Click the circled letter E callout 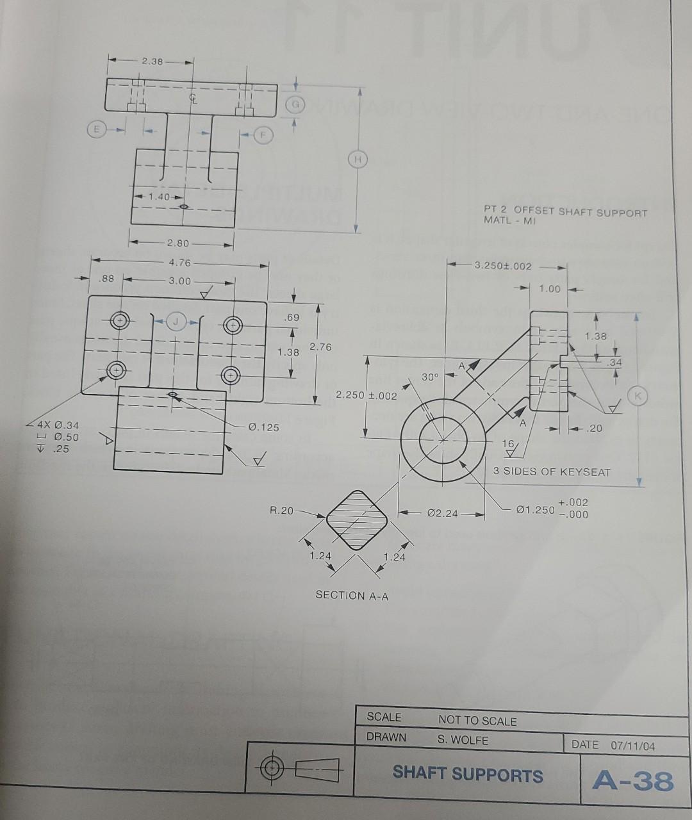(x=97, y=129)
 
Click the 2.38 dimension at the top (x=152, y=61)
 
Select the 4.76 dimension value (x=180, y=263)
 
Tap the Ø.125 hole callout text (x=264, y=427)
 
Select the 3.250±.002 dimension (x=503, y=266)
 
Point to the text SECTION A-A (x=352, y=595)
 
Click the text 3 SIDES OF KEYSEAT (x=552, y=472)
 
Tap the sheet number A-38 (x=633, y=780)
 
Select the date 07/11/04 (x=633, y=746)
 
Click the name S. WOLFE (x=463, y=740)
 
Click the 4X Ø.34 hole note (x=58, y=425)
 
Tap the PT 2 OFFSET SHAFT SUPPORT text (x=565, y=212)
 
